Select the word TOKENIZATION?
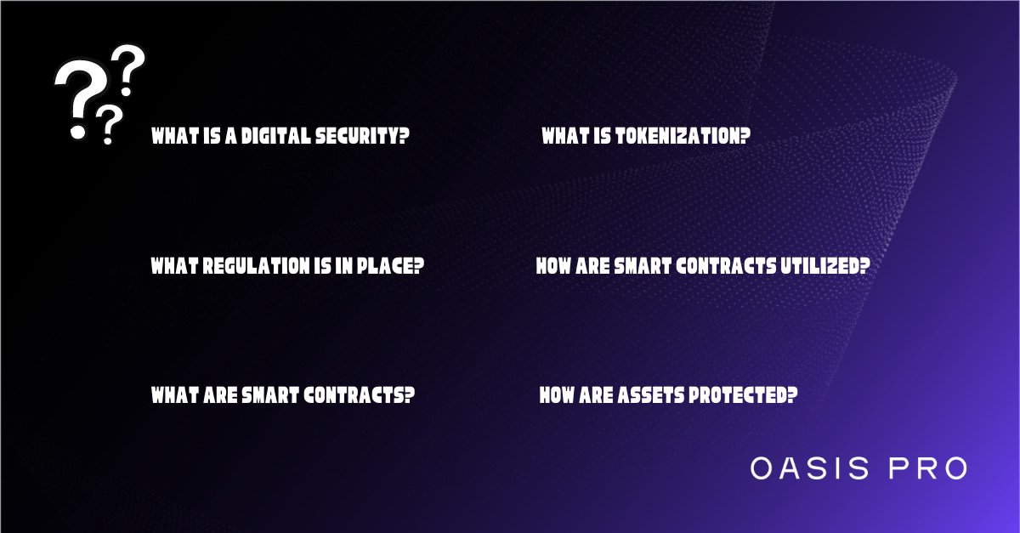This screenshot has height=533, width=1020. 681,136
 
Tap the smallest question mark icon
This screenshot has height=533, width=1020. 107,125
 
